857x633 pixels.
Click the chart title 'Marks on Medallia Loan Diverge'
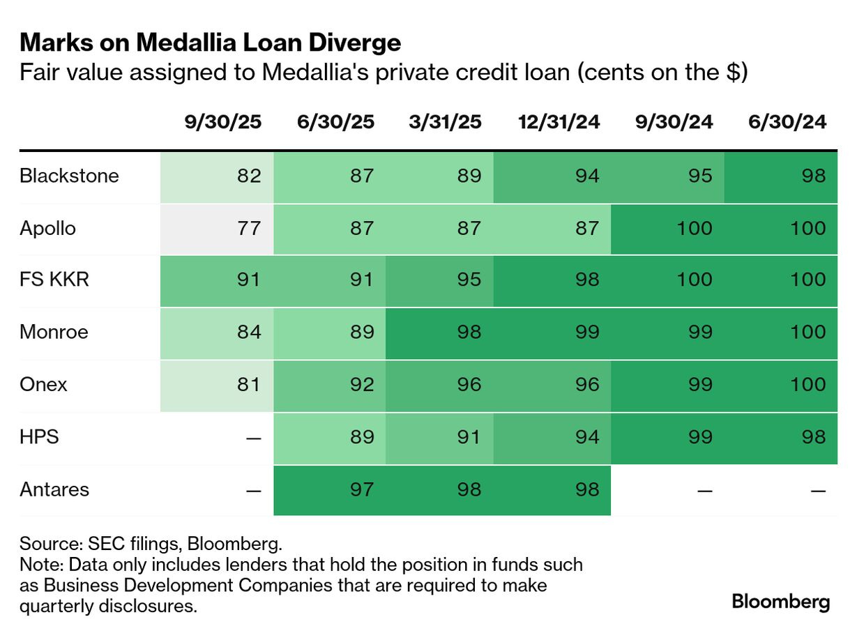click(x=210, y=43)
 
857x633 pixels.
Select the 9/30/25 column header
click(x=222, y=122)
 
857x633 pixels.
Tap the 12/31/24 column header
click(x=559, y=122)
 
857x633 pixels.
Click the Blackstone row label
click(x=69, y=176)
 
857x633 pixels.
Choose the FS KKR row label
click(x=54, y=280)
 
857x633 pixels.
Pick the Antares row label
click(x=54, y=489)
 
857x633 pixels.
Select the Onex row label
click(x=43, y=384)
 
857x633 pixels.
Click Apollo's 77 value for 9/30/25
click(x=248, y=228)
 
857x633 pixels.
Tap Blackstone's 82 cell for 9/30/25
click(x=248, y=176)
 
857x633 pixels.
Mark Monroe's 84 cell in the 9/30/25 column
click(x=248, y=332)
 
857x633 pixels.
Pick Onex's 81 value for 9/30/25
click(x=248, y=384)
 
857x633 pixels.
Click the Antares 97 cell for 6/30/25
click(x=361, y=489)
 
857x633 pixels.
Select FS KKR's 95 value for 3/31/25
click(x=469, y=280)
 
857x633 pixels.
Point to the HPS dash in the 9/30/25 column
click(x=254, y=438)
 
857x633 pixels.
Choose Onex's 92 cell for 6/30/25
click(x=361, y=384)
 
